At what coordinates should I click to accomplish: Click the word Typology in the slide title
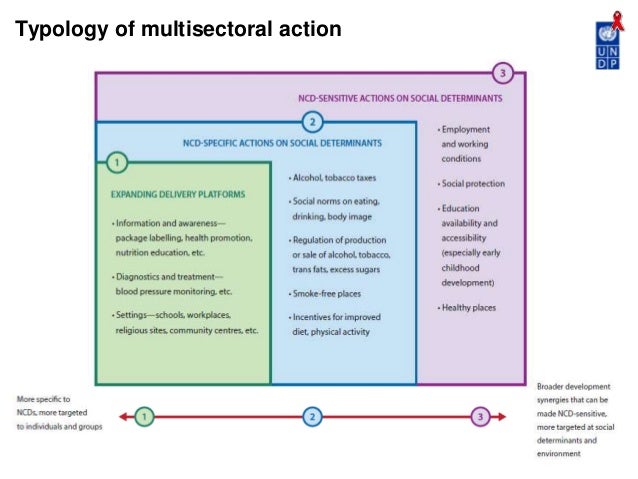[58, 30]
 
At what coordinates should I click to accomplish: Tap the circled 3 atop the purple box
[505, 73]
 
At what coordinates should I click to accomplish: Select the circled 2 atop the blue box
[313, 123]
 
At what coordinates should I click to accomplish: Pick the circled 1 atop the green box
[117, 161]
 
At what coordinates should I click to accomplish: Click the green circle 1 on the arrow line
[146, 415]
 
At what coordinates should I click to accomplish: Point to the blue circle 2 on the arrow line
[312, 415]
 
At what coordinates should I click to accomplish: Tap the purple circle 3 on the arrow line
[480, 415]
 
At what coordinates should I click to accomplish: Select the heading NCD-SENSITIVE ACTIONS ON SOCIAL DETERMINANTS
[400, 100]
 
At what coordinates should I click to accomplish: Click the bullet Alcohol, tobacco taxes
[333, 178]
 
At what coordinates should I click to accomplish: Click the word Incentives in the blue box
[313, 317]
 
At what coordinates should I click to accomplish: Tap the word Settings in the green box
[133, 316]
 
